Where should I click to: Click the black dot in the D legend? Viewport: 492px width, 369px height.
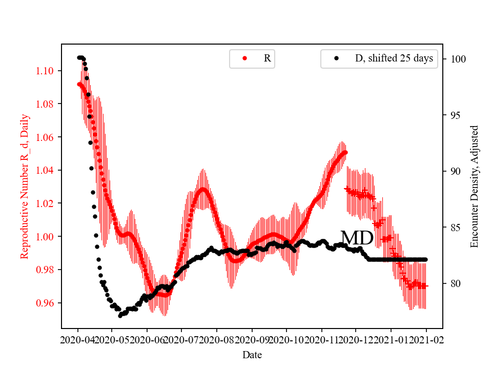click(x=336, y=58)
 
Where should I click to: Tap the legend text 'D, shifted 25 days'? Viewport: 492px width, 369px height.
click(x=394, y=58)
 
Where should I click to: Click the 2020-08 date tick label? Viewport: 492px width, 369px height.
click(x=217, y=339)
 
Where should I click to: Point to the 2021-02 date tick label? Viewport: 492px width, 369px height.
click(x=426, y=339)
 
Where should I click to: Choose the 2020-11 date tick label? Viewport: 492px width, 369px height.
click(x=321, y=339)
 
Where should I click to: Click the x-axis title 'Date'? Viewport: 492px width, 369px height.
click(x=252, y=354)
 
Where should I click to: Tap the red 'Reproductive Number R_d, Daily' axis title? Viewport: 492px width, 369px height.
click(x=24, y=186)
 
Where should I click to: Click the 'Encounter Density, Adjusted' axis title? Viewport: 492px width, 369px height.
click(x=474, y=186)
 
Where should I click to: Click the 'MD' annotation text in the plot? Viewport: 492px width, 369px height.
click(x=357, y=238)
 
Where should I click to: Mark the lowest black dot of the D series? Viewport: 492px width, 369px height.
click(x=120, y=316)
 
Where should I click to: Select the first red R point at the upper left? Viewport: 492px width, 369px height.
click(x=79, y=84)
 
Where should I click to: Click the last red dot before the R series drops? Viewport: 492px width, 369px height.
click(x=345, y=152)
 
